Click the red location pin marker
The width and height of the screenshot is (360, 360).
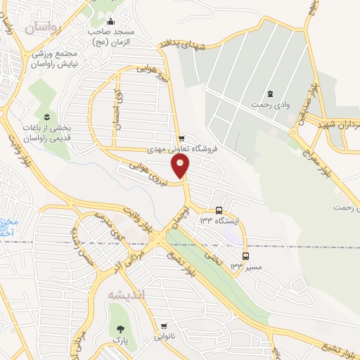click(181, 166)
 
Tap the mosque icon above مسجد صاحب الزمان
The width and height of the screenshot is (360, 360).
click(110, 21)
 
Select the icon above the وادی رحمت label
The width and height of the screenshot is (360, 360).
click(270, 94)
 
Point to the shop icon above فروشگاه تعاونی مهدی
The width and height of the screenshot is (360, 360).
click(182, 139)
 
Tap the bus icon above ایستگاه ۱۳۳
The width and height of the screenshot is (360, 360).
click(219, 210)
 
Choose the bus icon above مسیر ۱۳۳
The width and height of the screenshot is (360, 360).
click(245, 256)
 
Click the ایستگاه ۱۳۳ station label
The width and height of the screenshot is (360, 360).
click(219, 221)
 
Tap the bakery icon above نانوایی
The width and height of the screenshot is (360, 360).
click(164, 326)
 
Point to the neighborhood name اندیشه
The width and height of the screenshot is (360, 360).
click(125, 295)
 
